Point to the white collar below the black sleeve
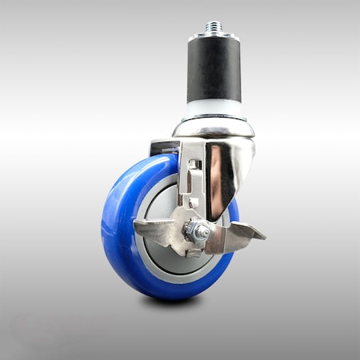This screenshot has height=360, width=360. (x=214, y=109)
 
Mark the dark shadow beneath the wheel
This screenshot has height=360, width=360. (x=172, y=302)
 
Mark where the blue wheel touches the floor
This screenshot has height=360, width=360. (x=172, y=295)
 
